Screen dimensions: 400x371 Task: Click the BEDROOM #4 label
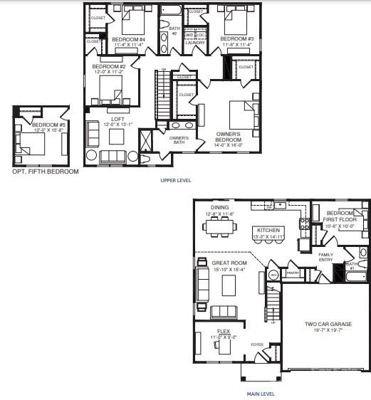(128, 38)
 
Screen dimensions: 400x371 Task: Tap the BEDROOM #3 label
(237, 38)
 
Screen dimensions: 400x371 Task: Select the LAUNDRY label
(195, 43)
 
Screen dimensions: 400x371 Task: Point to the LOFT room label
(118, 119)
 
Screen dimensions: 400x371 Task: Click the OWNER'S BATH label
(179, 140)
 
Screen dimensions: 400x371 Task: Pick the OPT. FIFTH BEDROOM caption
(46, 172)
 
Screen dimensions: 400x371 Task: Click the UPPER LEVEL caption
(175, 181)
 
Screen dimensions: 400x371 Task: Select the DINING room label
(219, 208)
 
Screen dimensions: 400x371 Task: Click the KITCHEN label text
(269, 230)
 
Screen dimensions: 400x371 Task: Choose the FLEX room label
(224, 332)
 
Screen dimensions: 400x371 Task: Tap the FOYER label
(257, 344)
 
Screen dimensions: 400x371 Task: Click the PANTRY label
(291, 273)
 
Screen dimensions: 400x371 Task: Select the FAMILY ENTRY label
(325, 257)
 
